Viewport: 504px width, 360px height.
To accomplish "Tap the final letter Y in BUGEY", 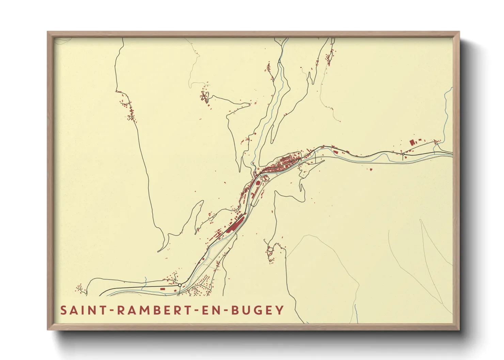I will (x=280, y=310).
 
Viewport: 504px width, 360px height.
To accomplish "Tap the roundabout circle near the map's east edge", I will (x=403, y=154).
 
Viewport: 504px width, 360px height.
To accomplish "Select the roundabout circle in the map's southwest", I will (x=179, y=285).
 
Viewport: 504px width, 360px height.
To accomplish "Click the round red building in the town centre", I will (x=258, y=183).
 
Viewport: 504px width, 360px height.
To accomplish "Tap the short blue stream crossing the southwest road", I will (x=145, y=281).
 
